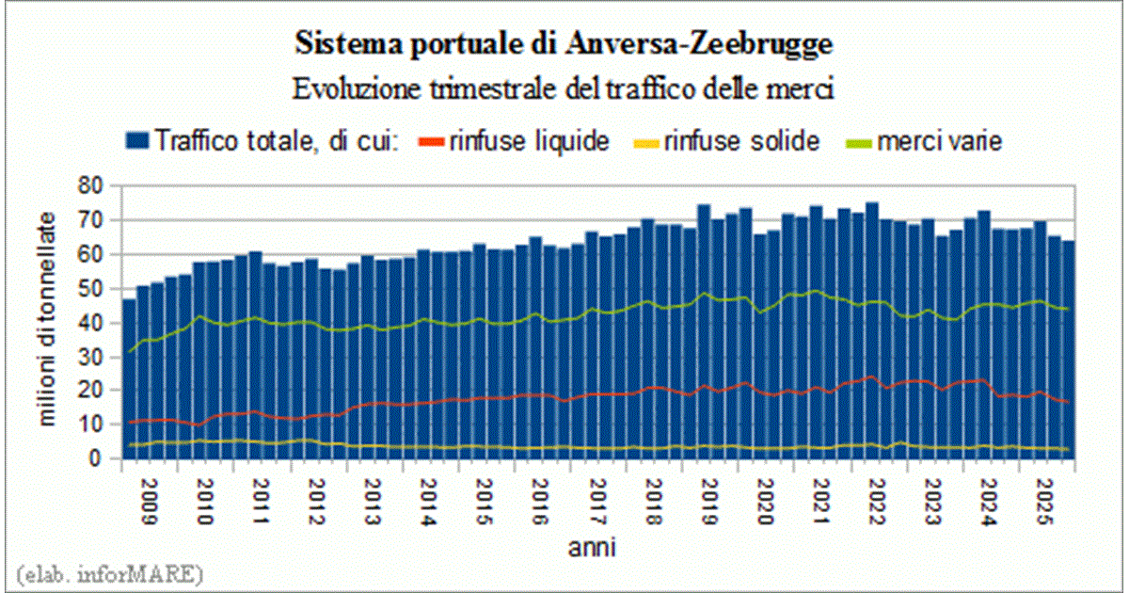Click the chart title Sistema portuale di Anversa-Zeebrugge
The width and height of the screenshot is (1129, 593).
click(x=564, y=43)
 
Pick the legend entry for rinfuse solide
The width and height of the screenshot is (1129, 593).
click(x=730, y=141)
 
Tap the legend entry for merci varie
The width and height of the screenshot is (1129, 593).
click(x=927, y=141)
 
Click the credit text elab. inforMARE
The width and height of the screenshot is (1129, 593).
click(x=109, y=572)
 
